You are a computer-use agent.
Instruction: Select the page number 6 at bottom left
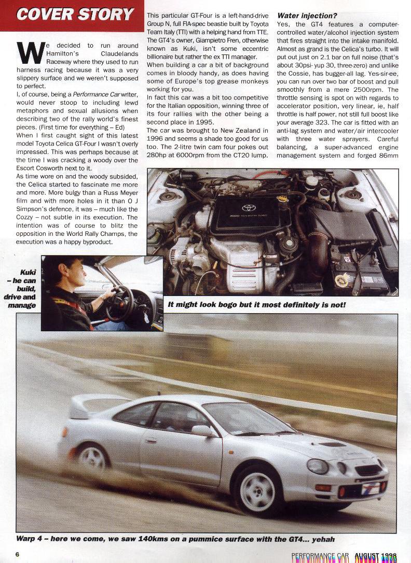click(x=17, y=554)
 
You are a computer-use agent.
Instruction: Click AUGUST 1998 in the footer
click(x=376, y=556)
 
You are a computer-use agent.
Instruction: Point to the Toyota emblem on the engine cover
click(x=249, y=208)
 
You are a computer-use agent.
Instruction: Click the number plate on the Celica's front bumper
click(x=371, y=488)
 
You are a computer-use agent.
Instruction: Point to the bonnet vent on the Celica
click(x=332, y=444)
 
